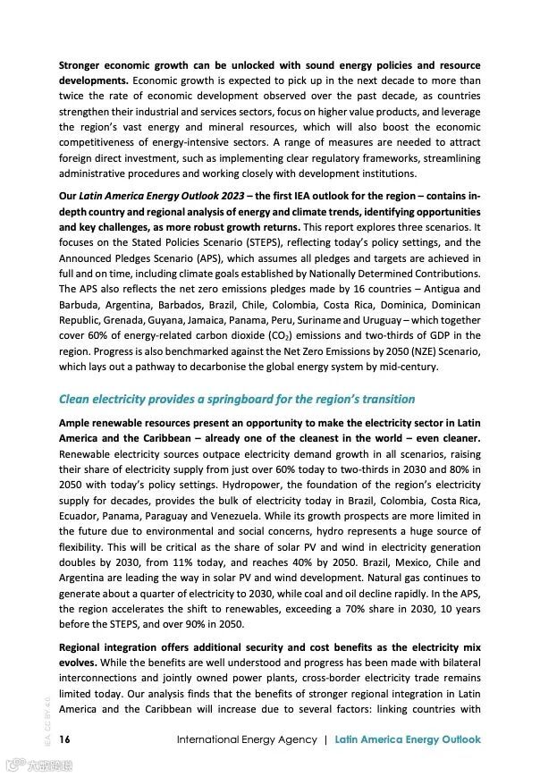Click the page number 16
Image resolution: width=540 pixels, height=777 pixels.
click(64, 739)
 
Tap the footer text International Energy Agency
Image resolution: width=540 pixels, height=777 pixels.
click(247, 739)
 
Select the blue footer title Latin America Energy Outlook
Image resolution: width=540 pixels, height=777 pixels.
click(408, 739)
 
